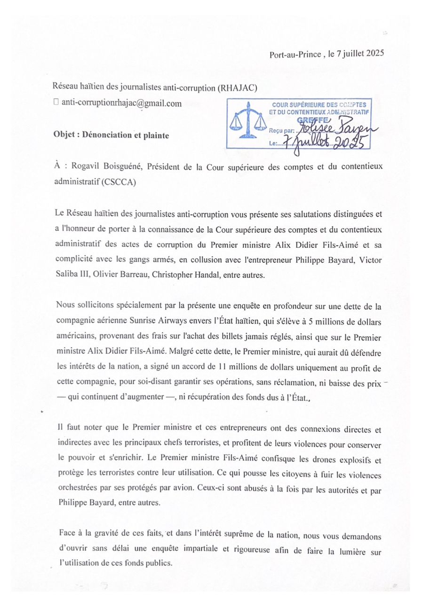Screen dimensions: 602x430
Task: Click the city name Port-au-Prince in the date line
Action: pos(295,54)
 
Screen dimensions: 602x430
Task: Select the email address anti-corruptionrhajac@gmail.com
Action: pos(121,104)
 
